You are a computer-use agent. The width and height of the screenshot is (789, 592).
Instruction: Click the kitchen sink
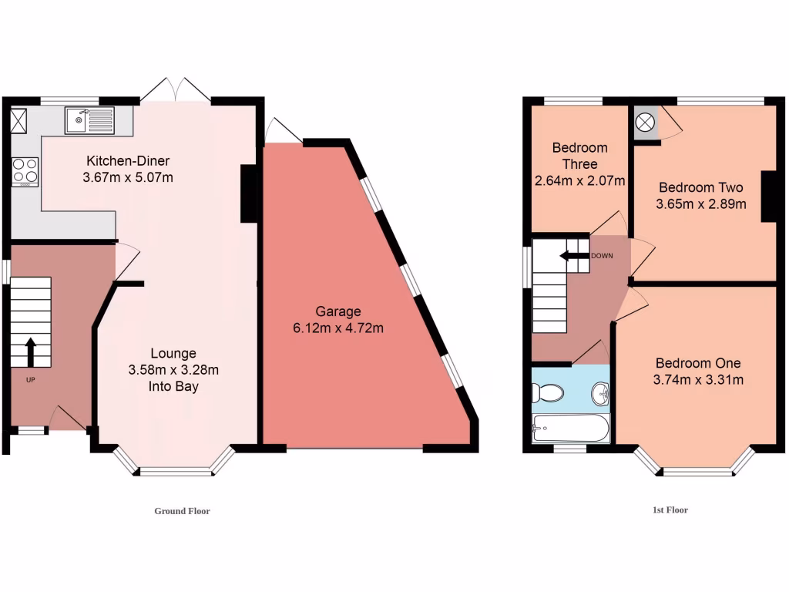pos(89,119)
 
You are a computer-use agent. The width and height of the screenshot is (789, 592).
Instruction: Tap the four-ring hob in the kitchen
pos(25,171)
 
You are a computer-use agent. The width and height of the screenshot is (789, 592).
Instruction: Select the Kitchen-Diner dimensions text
pos(128,178)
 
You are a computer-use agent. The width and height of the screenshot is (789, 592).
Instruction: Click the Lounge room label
pos(173,353)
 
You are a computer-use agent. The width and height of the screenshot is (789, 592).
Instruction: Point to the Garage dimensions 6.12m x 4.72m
pos(338,328)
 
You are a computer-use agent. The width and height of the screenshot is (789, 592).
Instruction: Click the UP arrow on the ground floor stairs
pos(31,352)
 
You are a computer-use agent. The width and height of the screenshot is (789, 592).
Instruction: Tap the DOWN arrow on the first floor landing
pos(574,256)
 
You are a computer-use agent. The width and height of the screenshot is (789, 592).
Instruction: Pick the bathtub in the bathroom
pos(570,427)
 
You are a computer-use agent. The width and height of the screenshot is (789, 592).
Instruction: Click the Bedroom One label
pos(698,363)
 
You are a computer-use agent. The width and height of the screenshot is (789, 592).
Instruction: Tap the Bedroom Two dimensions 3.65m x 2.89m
pos(700,204)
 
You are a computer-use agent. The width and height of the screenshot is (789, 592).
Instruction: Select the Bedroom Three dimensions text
pos(579,181)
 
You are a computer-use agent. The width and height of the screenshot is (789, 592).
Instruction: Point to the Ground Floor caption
pos(182,511)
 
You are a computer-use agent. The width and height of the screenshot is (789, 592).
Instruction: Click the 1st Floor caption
pos(669,510)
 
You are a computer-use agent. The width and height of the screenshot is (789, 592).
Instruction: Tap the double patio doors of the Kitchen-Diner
pos(175,90)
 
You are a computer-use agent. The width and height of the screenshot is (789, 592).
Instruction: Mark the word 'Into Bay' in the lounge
pos(173,386)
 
